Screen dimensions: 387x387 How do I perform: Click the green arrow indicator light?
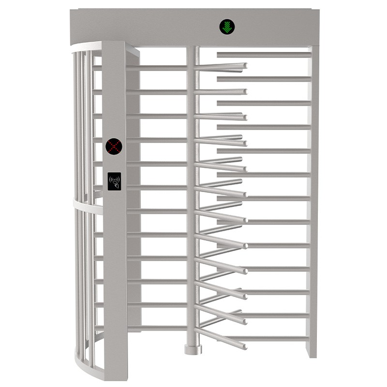pyautogui.click(x=226, y=27)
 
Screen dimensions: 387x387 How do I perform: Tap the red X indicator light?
pyautogui.click(x=114, y=146)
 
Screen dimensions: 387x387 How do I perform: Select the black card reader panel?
pyautogui.click(x=114, y=181)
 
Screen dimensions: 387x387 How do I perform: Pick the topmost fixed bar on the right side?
pyautogui.click(x=264, y=55)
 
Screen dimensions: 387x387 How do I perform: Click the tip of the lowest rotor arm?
pyautogui.click(x=244, y=346)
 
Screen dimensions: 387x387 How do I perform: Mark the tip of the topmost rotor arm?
pyautogui.click(x=244, y=65)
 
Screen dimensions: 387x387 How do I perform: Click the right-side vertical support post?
pyautogui.click(x=313, y=193)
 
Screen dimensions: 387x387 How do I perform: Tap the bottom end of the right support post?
pyautogui.click(x=313, y=355)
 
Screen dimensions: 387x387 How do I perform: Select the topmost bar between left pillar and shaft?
pyautogui.click(x=157, y=68)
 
